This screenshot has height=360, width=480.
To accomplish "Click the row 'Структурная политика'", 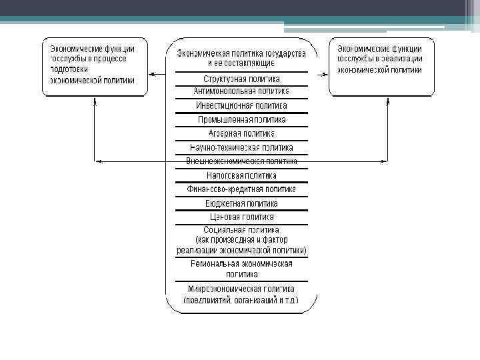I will (241, 79).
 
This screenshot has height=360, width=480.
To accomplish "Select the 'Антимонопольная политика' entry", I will (241, 91).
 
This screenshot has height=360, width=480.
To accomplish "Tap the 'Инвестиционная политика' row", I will (241, 105).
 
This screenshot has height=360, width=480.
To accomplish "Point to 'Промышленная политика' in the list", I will (241, 119).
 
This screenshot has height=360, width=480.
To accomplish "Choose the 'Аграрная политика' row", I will (241, 133).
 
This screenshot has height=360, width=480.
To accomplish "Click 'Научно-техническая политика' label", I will (241, 147).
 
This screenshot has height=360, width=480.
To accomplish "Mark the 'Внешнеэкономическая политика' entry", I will (241, 161).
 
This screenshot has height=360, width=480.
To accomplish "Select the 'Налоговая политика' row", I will (241, 175).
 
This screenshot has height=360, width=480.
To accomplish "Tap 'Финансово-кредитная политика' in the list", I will (241, 189).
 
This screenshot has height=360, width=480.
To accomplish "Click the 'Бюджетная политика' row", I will (241, 203).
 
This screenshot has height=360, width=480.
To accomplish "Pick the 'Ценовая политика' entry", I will (241, 217).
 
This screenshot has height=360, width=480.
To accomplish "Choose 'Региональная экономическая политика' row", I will (241, 269).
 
